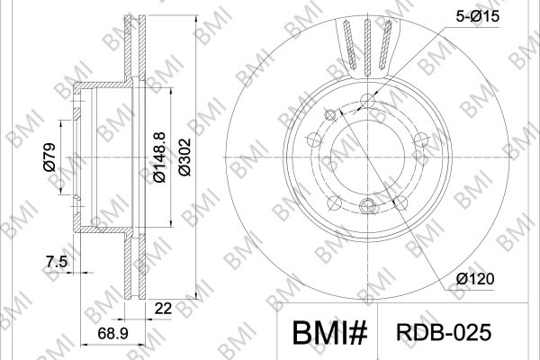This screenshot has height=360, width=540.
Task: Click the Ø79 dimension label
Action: click(49, 157)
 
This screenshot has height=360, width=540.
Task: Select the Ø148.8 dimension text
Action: click(159, 157)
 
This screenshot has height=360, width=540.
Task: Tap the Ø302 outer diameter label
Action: click(184, 157)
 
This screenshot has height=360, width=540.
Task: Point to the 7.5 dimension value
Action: click(57, 262)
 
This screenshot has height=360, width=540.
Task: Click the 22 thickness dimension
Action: click(163, 309)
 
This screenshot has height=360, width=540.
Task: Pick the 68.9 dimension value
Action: click(113, 334)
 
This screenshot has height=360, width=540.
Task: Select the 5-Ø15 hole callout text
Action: click(477, 16)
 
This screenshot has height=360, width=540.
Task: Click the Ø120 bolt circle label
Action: click(475, 279)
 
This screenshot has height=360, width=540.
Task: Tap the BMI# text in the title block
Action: click(330, 332)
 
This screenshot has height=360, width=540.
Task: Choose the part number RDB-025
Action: click(444, 332)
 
